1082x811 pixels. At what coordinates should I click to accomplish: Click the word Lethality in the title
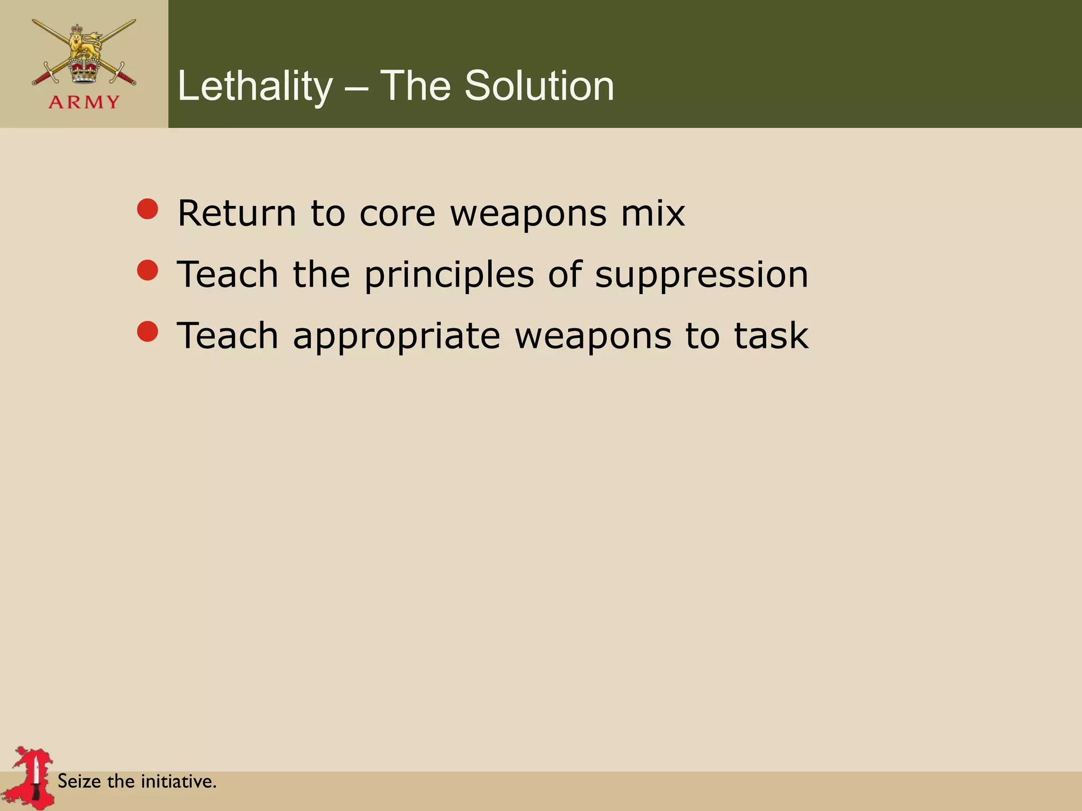(x=255, y=86)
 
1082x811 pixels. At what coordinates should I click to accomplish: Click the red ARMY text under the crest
(x=84, y=102)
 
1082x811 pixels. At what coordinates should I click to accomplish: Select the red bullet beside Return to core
(x=147, y=209)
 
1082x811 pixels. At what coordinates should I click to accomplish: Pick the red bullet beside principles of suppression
(x=147, y=270)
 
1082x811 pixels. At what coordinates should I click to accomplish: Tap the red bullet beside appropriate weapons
(x=147, y=332)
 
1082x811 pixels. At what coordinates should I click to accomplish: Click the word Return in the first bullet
(x=237, y=213)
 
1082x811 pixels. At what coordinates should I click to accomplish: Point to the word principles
(x=449, y=276)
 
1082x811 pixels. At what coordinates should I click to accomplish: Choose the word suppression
(x=702, y=276)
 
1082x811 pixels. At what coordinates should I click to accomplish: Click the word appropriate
(x=396, y=337)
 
